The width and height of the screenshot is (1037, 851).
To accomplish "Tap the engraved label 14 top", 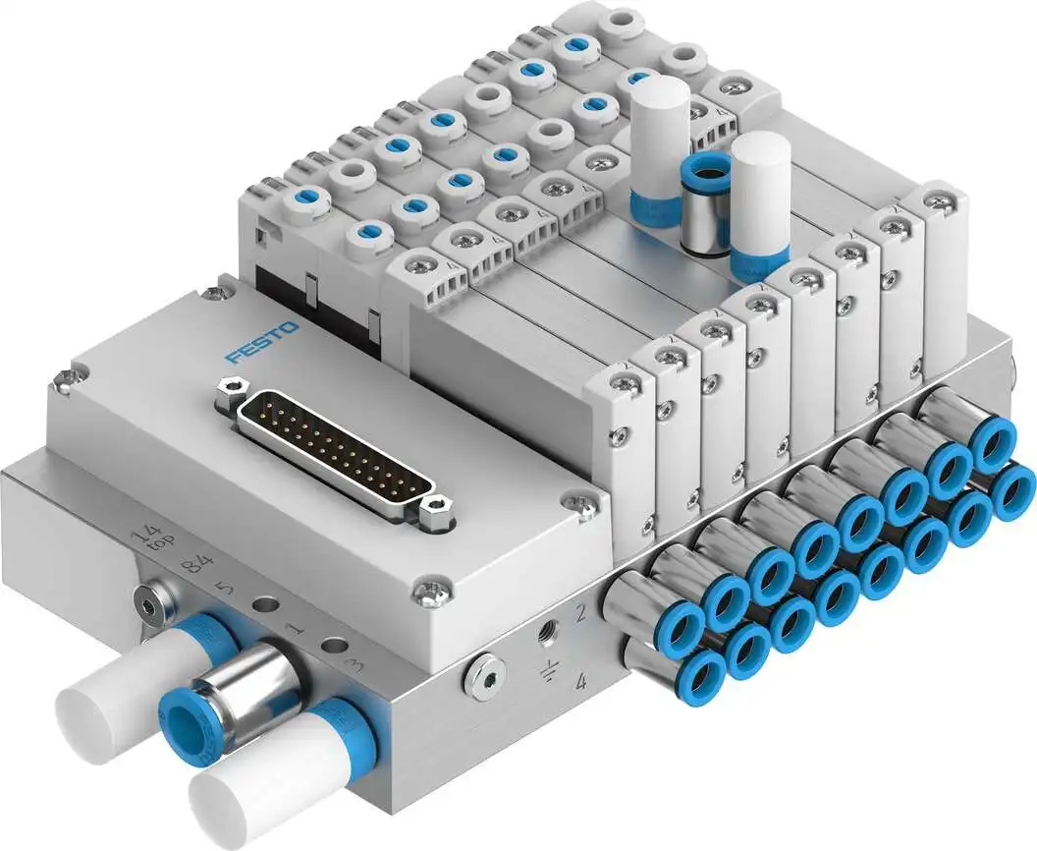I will point(150,541).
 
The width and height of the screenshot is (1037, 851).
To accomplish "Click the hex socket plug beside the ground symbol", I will point(486,678).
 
